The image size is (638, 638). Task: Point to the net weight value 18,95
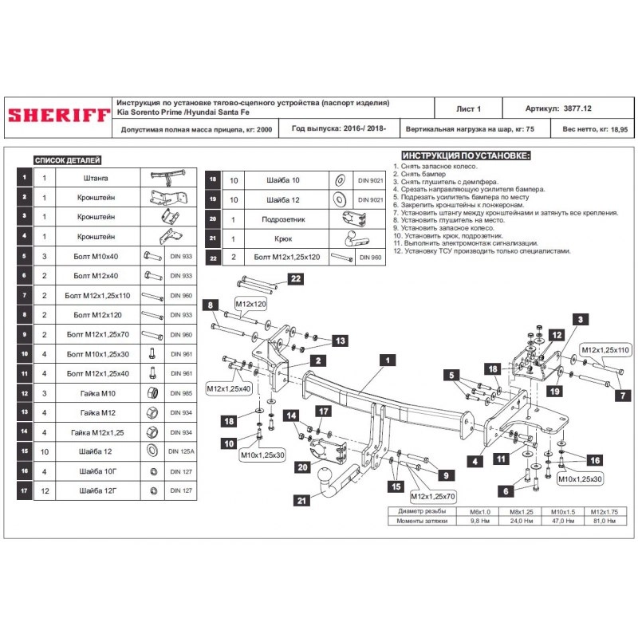point(618,128)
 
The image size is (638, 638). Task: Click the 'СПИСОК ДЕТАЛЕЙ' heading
point(67,159)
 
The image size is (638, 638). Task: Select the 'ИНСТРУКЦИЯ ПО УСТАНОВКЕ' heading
point(466,156)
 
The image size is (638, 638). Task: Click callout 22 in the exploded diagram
point(295,278)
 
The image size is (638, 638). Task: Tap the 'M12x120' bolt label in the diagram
point(250,305)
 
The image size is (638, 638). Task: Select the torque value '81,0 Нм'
point(606,521)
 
